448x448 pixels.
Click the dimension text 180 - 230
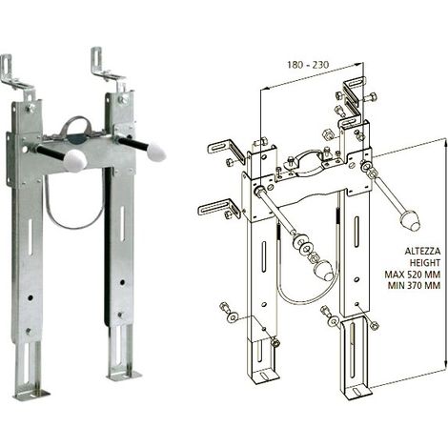click(308, 65)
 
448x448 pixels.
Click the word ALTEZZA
click(422, 251)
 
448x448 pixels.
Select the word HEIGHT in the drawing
click(424, 263)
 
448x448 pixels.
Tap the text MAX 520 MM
click(413, 274)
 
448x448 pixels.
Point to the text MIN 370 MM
click(414, 285)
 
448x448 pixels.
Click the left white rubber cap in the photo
click(75, 159)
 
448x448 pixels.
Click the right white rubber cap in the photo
click(156, 151)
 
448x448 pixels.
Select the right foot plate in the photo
click(124, 376)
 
